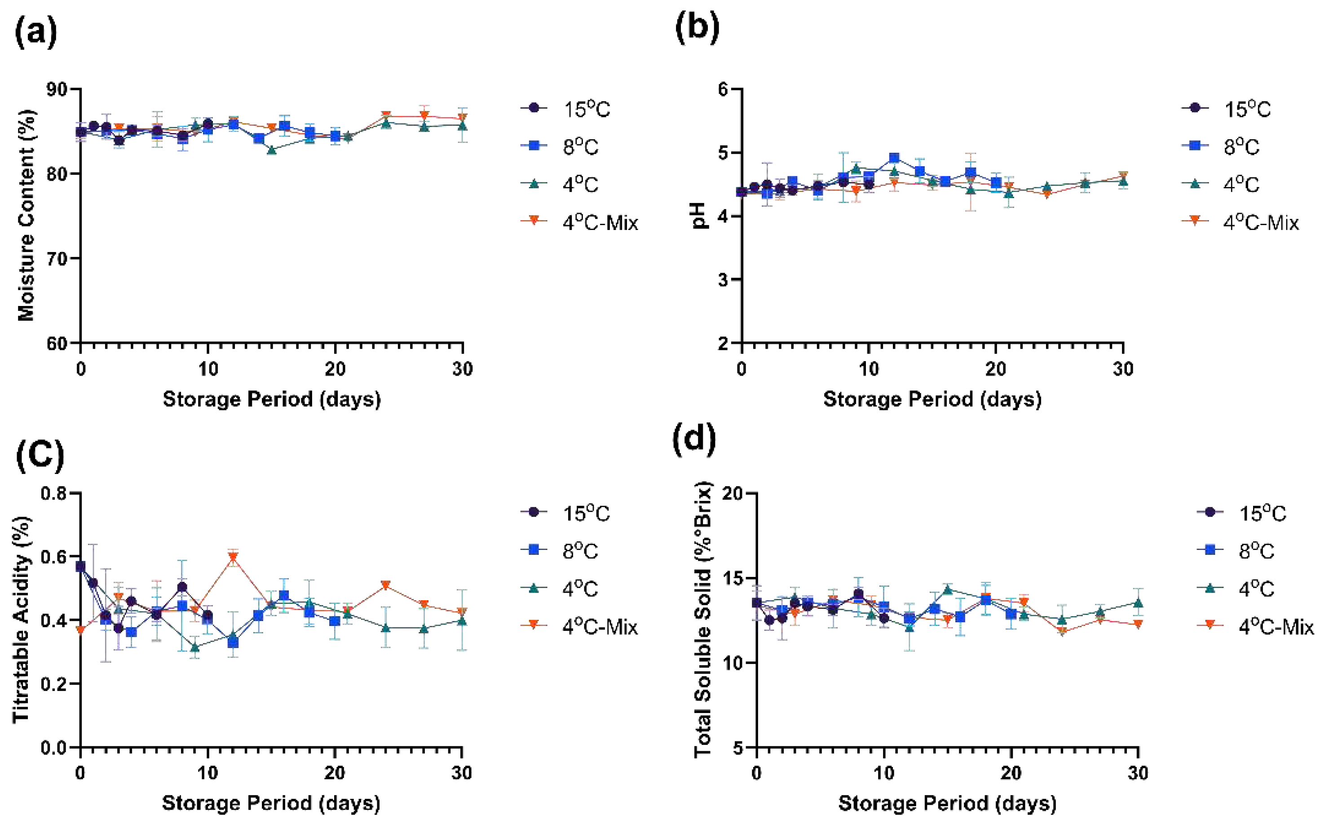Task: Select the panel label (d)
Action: click(695, 438)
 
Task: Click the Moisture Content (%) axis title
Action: click(26, 215)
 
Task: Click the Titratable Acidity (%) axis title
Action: click(22, 619)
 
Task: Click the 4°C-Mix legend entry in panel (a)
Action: click(599, 223)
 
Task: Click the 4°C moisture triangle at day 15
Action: click(271, 150)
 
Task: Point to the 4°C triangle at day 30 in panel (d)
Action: click(1138, 603)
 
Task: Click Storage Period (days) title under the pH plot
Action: click(932, 399)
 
